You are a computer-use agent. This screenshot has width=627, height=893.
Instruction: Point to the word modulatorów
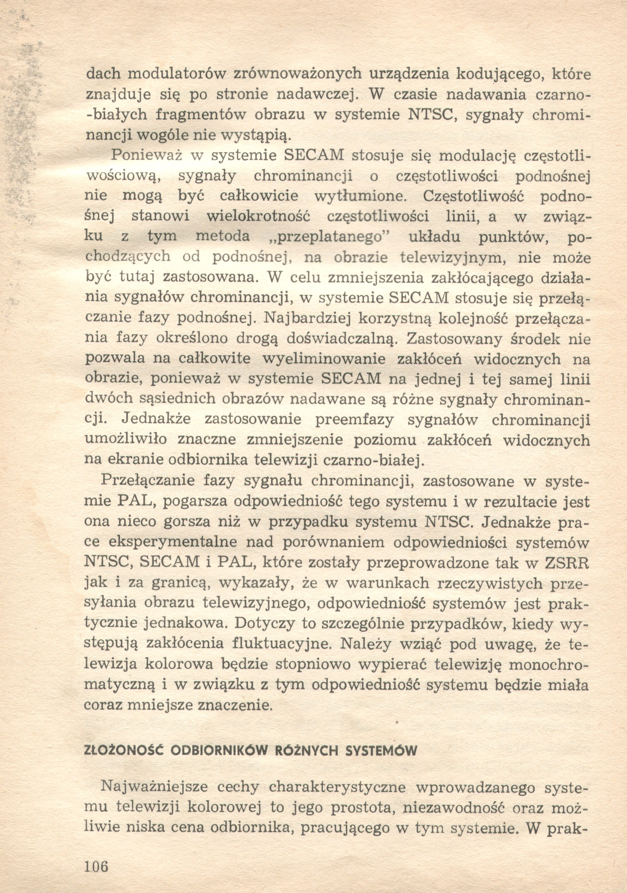tap(177, 74)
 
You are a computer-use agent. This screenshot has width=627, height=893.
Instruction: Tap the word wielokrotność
tap(257, 216)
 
